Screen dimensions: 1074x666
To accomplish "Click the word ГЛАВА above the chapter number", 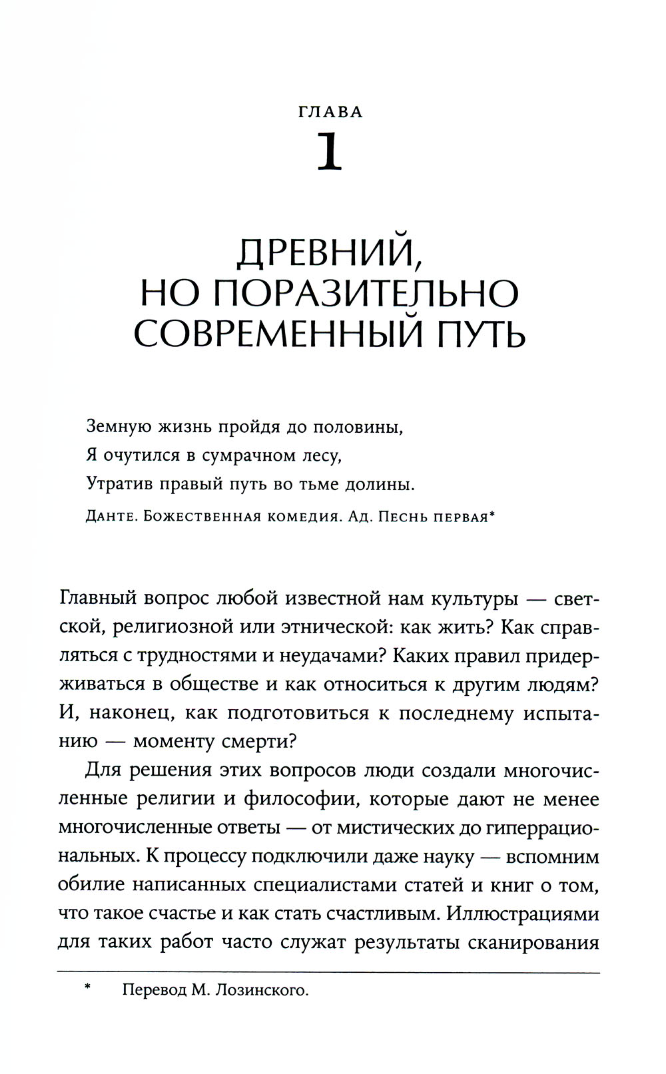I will click(330, 112).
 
